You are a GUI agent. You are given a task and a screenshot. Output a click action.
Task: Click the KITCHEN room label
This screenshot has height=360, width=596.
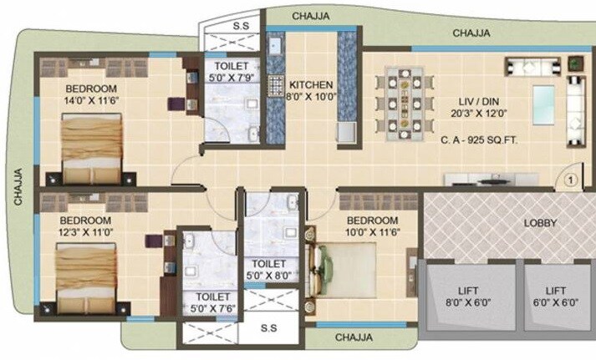pos(311,85)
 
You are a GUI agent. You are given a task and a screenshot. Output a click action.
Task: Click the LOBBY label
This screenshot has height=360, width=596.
pos(541,223)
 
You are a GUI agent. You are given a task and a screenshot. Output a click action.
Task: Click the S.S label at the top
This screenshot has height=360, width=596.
pos(239,26)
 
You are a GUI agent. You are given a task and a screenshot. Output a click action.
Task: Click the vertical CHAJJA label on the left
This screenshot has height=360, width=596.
pos(16,185)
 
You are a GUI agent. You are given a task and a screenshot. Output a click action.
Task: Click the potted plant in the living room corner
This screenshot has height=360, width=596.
pos(574,63)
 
